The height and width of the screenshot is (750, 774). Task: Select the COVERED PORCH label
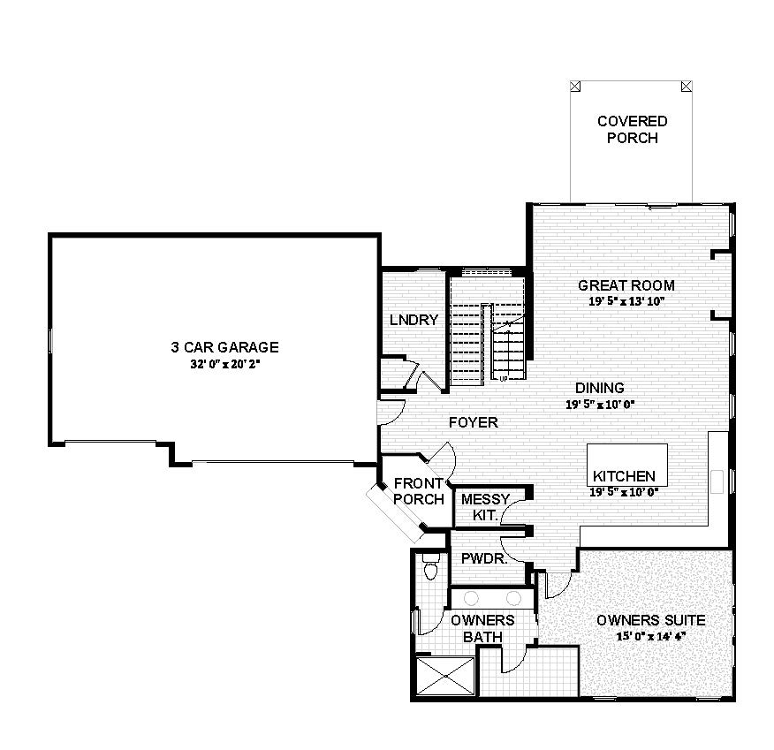[632, 129]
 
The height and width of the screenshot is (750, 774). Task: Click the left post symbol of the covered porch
[575, 87]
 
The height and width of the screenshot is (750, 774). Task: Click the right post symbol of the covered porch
[687, 87]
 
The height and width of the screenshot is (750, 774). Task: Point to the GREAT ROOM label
[626, 285]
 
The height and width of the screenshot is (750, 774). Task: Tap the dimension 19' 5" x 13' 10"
[626, 300]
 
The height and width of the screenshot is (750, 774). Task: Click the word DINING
[600, 388]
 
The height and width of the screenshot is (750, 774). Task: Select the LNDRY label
[414, 320]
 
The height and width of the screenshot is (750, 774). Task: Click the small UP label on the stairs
[503, 380]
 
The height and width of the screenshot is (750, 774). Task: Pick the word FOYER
[473, 422]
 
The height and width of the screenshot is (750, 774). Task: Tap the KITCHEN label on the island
[624, 476]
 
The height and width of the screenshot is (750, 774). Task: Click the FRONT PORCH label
[419, 491]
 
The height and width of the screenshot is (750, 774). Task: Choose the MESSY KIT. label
[481, 507]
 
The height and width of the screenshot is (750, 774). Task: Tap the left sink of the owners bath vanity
[468, 597]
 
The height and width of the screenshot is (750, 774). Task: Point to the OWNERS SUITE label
[650, 620]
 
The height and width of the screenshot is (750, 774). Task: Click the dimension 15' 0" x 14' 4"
[650, 634]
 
